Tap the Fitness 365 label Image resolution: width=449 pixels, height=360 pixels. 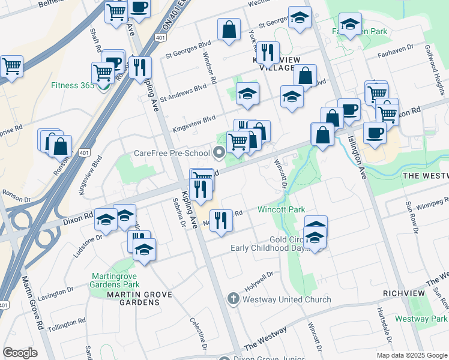[x=72, y=85]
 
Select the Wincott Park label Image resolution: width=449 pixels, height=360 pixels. [x=282, y=210]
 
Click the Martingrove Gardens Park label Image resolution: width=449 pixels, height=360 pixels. [x=115, y=280]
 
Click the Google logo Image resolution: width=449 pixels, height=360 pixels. [x=20, y=353]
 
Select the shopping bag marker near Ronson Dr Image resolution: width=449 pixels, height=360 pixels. [x=60, y=146]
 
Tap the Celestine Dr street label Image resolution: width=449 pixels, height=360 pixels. [x=199, y=333]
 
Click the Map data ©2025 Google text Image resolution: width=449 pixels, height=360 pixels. [x=412, y=355]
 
